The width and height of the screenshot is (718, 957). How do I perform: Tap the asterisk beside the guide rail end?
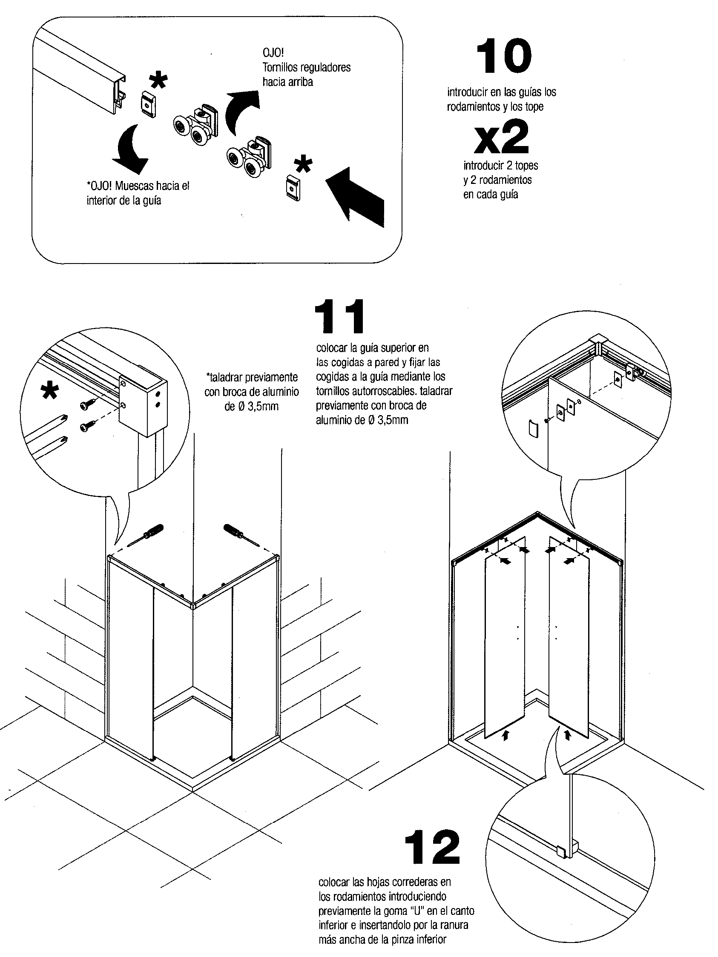coord(158,80)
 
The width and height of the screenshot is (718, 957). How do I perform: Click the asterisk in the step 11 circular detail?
coord(50,392)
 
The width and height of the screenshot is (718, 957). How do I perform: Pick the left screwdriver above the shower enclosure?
coord(149,535)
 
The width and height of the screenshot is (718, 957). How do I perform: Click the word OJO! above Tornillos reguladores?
coord(273,53)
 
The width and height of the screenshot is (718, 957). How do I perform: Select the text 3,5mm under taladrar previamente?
coord(263,407)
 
